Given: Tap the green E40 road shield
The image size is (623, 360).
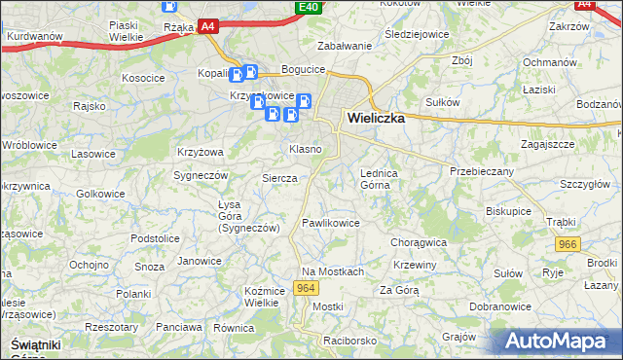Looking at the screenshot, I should pyautogui.click(x=309, y=8).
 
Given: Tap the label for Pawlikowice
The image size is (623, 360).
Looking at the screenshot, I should pyautogui.click(x=331, y=223).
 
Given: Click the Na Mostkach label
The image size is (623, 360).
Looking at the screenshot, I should pyautogui.click(x=332, y=271).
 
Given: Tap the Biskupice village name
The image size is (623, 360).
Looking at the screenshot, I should pyautogui.click(x=508, y=210).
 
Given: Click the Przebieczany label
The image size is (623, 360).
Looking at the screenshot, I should pyautogui.click(x=481, y=170).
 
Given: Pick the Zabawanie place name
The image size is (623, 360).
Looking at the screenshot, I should pyautogui.click(x=346, y=46).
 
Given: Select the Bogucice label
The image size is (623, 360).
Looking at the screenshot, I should pyautogui.click(x=302, y=69).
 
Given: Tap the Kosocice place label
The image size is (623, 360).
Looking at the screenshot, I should pyautogui.click(x=142, y=77).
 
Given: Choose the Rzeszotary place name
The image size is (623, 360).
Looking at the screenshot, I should pyautogui.click(x=110, y=328).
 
